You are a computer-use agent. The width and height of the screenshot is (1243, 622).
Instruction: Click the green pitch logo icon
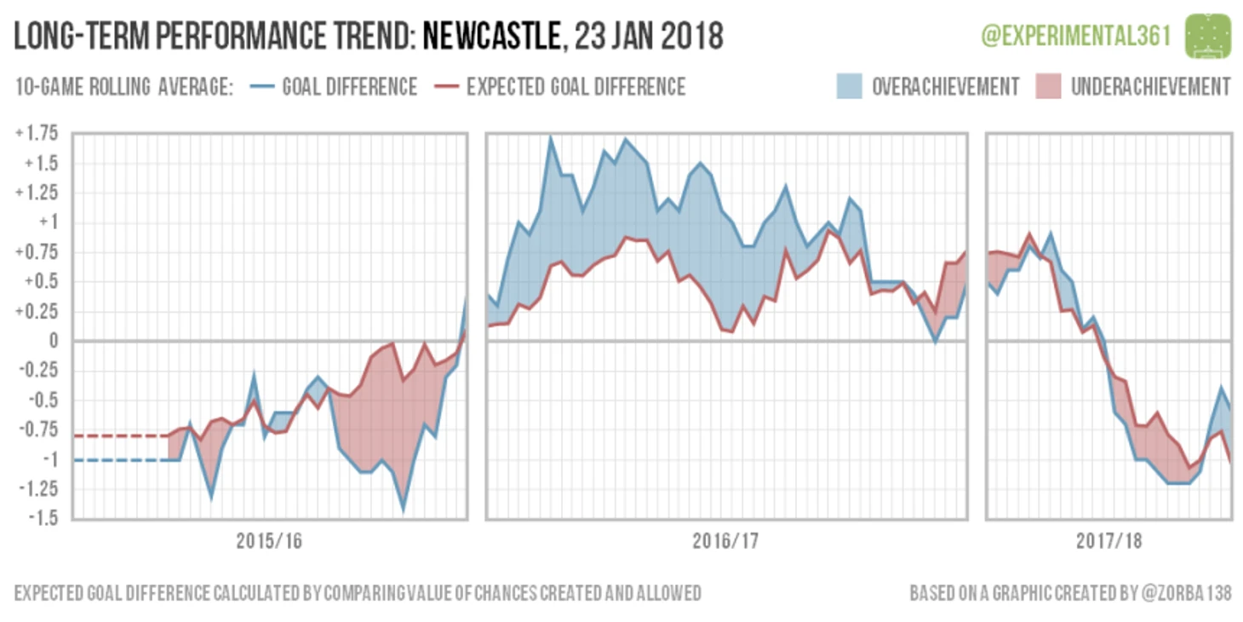1207,36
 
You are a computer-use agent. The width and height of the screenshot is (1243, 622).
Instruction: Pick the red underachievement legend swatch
1047,87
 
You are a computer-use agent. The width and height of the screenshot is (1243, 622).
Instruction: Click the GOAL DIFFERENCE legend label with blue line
349,87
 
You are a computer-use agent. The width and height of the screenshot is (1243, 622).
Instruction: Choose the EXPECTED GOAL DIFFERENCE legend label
576,87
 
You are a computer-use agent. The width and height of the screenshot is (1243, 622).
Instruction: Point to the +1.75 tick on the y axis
36,133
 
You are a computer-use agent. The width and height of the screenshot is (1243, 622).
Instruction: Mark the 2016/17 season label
725,541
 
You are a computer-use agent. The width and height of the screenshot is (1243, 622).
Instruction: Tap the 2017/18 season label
1108,541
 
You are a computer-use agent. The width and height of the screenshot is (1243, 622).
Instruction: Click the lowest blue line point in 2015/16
403,509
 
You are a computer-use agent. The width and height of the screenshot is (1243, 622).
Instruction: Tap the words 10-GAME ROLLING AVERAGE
124,87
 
